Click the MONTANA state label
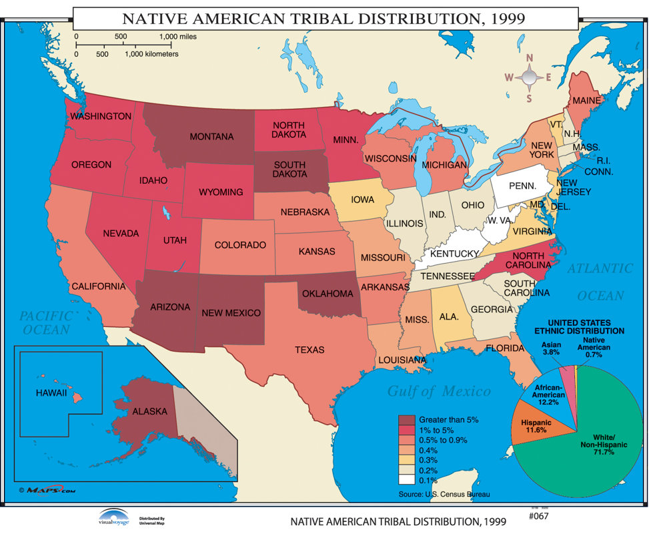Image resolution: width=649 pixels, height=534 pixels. pos(211,137)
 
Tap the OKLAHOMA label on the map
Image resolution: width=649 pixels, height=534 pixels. pos(328,293)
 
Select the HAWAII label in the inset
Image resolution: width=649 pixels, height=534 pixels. pos(51,393)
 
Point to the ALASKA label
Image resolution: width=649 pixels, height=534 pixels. pos(149,412)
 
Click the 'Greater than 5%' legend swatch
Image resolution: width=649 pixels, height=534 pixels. pos(407,419)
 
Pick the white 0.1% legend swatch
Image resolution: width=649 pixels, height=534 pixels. pos(407,480)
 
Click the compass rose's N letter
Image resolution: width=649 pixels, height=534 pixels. pos(530,58)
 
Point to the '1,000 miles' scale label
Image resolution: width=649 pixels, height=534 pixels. pos(178,37)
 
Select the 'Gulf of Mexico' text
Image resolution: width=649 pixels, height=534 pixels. pos(439,392)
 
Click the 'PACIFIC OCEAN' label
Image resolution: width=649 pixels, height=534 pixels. pos(45,323)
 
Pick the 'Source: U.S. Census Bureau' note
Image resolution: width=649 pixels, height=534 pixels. pos(444,495)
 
